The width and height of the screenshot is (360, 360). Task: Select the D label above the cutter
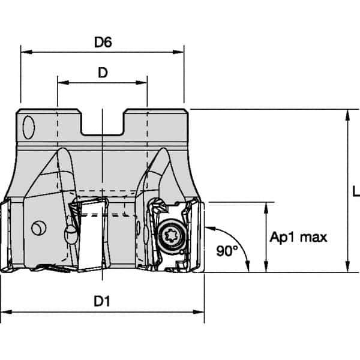point(103,72)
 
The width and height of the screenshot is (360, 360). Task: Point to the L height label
point(355,191)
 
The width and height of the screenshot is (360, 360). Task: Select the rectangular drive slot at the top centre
point(103,123)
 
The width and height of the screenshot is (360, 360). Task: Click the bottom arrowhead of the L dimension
point(346,268)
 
